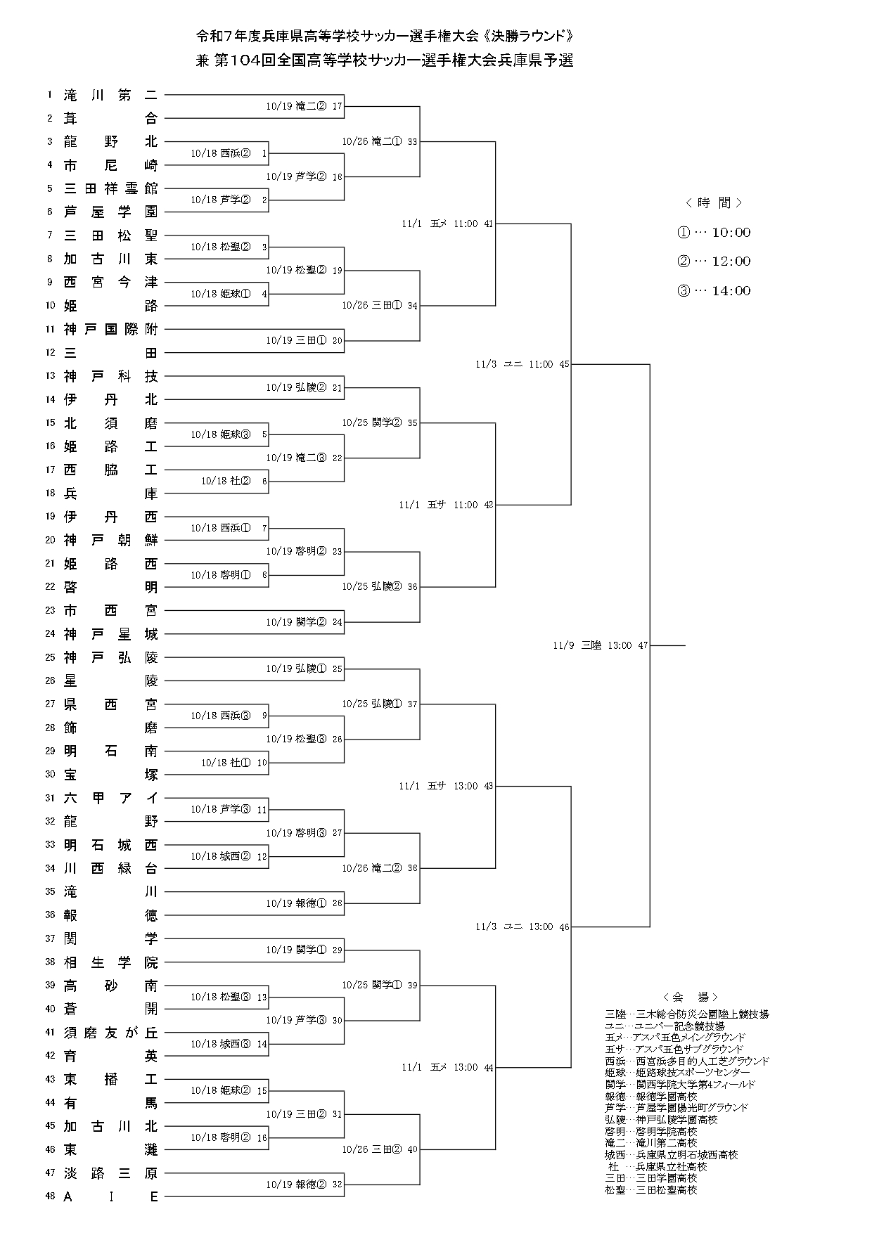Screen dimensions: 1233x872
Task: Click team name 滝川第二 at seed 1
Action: [110, 95]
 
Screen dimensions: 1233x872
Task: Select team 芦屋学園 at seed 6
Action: [110, 212]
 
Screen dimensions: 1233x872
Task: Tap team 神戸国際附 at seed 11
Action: [110, 329]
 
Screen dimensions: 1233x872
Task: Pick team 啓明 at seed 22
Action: [110, 587]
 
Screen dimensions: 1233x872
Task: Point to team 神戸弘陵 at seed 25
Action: [110, 657]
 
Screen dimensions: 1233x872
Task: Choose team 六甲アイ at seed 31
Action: [110, 798]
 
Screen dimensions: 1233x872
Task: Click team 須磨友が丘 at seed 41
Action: [110, 1033]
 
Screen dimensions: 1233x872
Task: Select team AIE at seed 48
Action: [110, 1196]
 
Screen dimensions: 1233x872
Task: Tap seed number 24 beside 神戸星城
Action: [50, 634]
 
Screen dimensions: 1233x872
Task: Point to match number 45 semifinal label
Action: [564, 364]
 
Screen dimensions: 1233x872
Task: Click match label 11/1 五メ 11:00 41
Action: [447, 224]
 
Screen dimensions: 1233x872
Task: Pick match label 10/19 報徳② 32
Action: [304, 1184]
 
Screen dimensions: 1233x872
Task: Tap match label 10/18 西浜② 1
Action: [229, 153]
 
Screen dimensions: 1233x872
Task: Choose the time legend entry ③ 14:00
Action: [714, 291]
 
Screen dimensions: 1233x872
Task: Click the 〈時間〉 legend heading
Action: [714, 203]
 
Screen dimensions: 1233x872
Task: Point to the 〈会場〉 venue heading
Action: [690, 997]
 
